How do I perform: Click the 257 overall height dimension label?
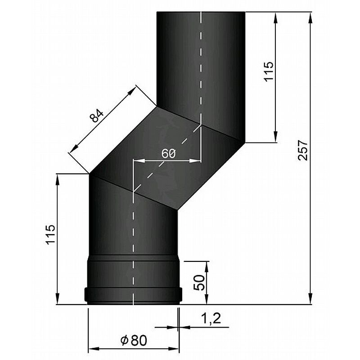(x=302, y=150)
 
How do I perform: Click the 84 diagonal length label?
(x=97, y=116)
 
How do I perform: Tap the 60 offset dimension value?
(x=168, y=153)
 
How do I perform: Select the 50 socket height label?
(x=199, y=283)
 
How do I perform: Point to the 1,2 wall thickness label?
(x=211, y=318)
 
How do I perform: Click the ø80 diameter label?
(x=134, y=340)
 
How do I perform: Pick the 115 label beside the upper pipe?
(x=268, y=71)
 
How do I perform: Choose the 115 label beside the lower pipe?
(x=50, y=234)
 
